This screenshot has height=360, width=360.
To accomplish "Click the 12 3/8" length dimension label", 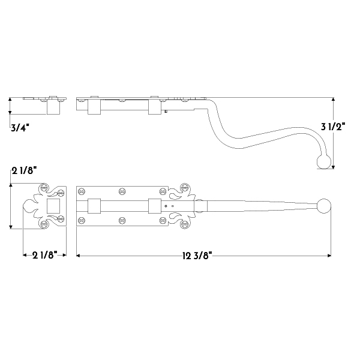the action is [197, 256].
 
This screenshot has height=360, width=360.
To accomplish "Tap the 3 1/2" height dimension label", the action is [333, 127].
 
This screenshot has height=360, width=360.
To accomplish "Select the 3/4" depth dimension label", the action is [20, 128].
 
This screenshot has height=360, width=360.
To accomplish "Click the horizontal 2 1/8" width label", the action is [44, 255].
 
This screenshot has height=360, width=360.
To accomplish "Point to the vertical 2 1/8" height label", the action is [24, 171].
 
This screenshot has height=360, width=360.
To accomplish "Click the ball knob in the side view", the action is [324, 161].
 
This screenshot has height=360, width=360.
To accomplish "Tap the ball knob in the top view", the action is [324, 206].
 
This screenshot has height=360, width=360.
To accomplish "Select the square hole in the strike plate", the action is [53, 206].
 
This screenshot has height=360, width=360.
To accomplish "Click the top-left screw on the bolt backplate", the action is [82, 191].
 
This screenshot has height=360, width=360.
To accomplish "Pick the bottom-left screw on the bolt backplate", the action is [82, 221].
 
